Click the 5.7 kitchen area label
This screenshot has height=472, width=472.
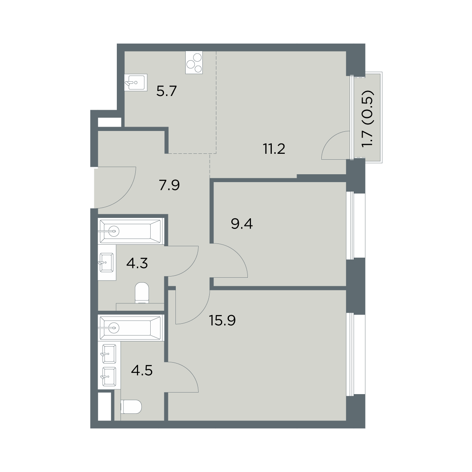[166, 91]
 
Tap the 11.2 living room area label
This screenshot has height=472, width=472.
[274, 149]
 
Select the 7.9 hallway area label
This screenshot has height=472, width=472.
[169, 185]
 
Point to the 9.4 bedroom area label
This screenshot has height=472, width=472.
[242, 224]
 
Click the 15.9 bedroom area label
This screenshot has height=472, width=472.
[222, 320]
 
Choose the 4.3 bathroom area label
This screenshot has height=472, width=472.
[137, 263]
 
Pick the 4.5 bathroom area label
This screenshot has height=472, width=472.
[142, 371]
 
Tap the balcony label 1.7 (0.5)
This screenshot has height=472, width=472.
[368, 118]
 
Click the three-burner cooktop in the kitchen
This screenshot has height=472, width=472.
[194, 62]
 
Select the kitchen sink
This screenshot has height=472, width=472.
[136, 82]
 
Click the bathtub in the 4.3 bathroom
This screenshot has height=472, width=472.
[131, 231]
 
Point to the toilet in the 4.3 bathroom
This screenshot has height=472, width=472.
[142, 293]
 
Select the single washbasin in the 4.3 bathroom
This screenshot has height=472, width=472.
[107, 263]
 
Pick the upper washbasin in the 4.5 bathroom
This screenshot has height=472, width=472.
[109, 354]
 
